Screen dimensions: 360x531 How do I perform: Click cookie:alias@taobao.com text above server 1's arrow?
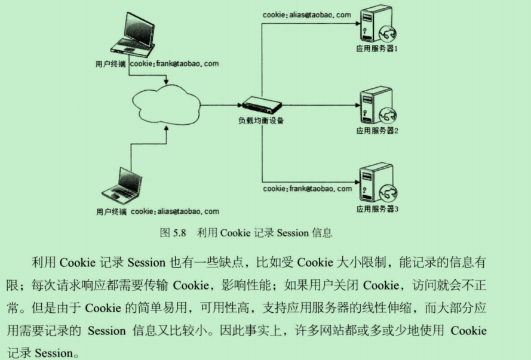coord(307,15)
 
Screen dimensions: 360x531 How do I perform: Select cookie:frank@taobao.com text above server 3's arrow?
coord(308,189)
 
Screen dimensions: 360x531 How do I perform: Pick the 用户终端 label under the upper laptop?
coord(111,63)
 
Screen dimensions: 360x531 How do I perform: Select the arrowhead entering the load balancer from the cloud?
coord(238,106)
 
